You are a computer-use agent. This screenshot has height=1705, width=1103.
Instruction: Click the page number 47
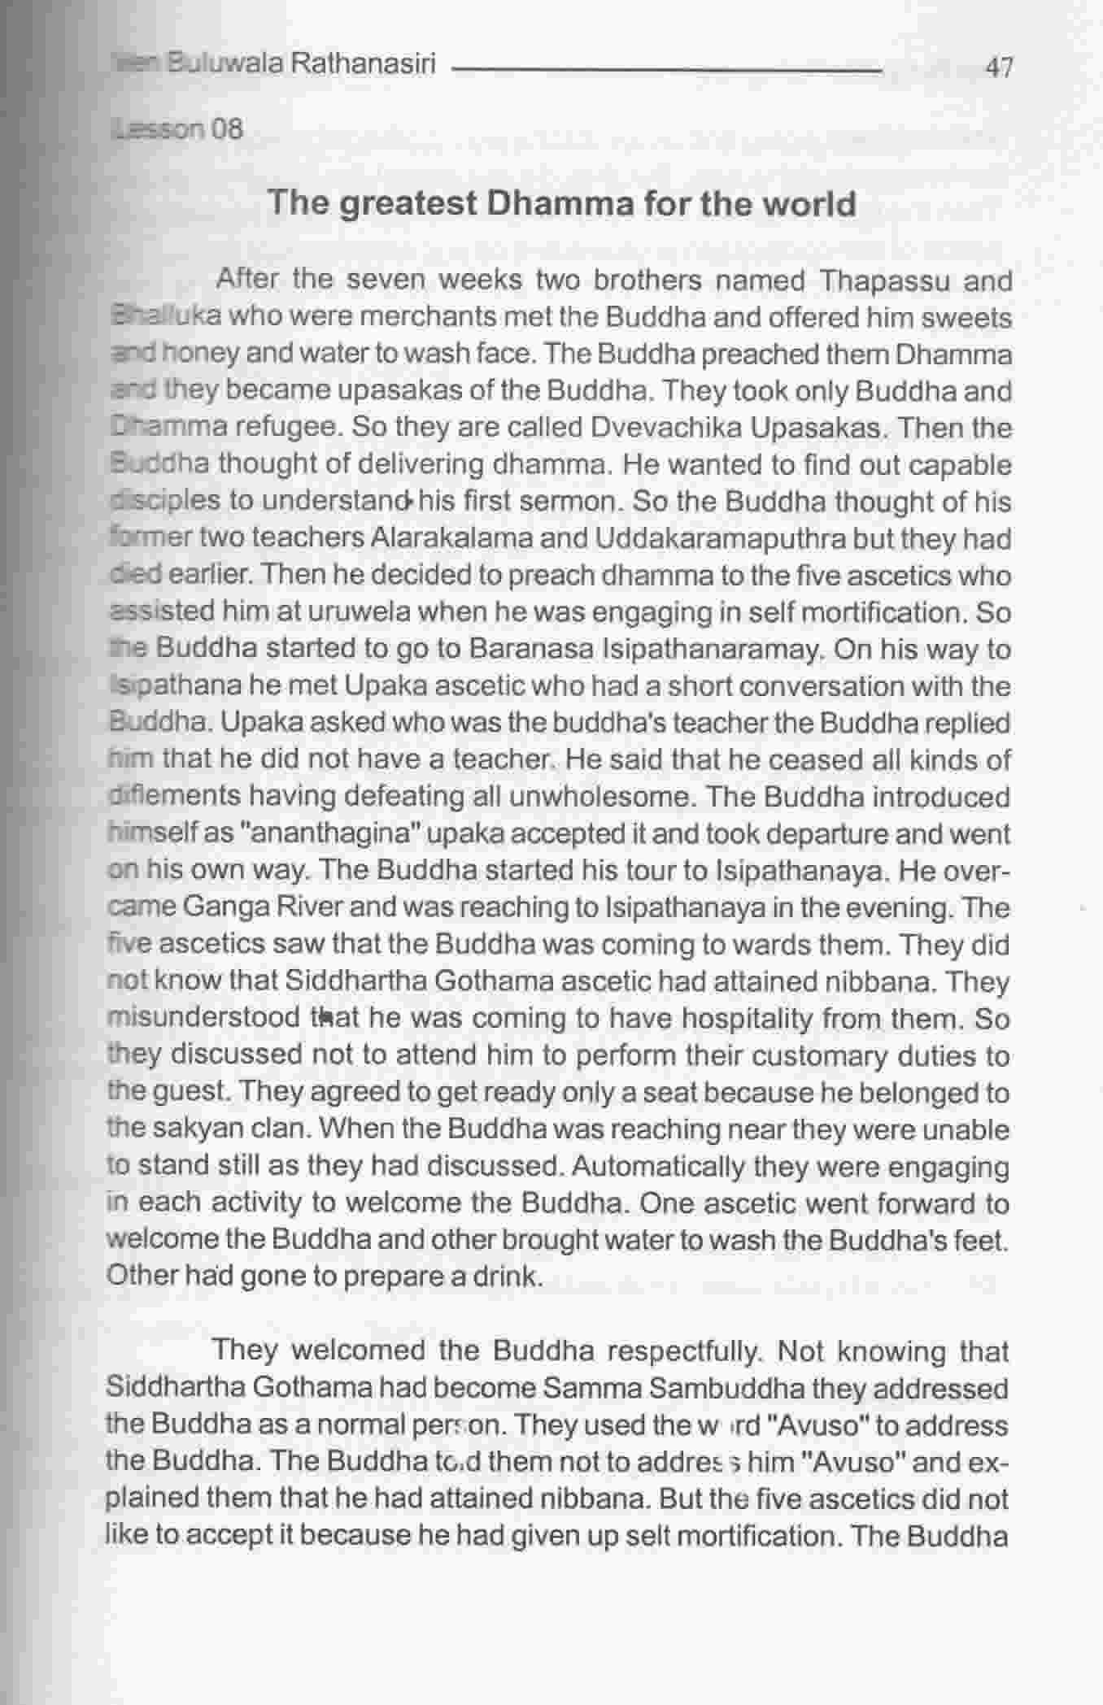click(x=998, y=67)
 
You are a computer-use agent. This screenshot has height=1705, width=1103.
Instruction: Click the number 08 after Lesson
click(x=227, y=129)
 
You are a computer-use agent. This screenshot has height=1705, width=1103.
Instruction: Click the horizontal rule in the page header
click(x=667, y=71)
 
